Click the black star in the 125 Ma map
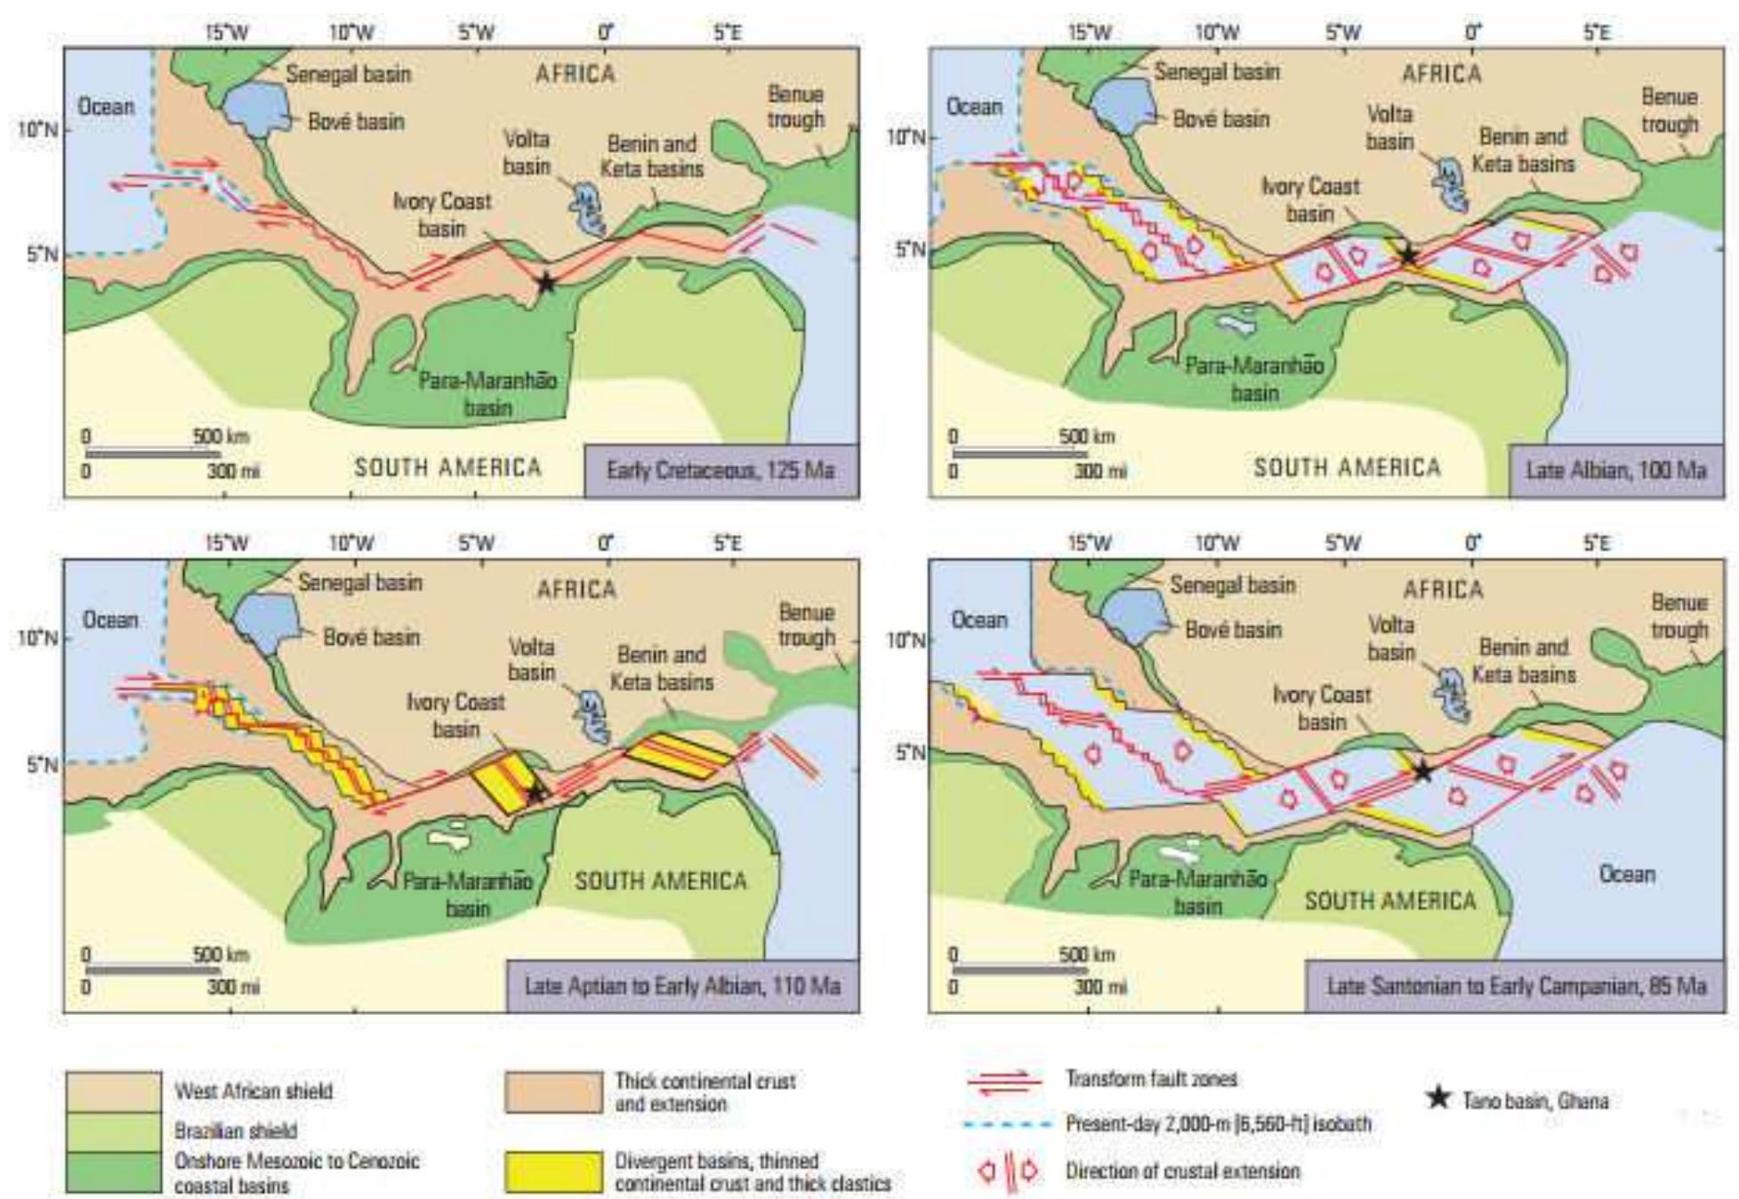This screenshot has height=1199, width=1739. [x=546, y=283]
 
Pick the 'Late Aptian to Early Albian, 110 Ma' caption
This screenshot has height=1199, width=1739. [x=682, y=986]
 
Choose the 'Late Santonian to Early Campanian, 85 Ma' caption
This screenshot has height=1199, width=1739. [x=1516, y=986]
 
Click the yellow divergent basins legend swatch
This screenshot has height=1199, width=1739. [x=553, y=1172]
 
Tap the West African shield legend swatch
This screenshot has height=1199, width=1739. [x=113, y=1091]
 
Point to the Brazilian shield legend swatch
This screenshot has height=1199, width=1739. [x=113, y=1131]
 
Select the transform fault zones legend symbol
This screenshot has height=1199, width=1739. [x=1003, y=1082]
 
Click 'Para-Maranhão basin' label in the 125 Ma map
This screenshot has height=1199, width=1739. [x=487, y=394]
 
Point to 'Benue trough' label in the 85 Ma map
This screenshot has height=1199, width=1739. [x=1679, y=616]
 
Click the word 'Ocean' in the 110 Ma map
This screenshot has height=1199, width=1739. [x=110, y=619]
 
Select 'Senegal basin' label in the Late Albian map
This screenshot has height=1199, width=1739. [x=1217, y=71]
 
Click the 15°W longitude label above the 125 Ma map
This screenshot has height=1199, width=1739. [x=227, y=33]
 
